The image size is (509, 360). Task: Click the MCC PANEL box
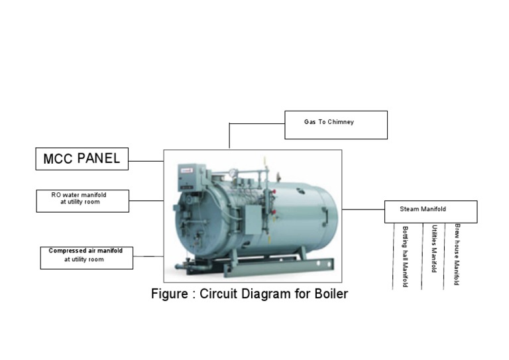(82, 158)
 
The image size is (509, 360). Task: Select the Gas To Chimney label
(329, 122)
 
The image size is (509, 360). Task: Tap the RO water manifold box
(82, 200)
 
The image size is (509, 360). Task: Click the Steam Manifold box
(430, 211)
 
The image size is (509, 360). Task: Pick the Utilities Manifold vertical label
(434, 249)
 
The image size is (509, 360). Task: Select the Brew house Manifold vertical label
(457, 254)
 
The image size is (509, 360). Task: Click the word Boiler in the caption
(331, 294)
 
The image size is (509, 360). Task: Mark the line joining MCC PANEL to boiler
(146, 160)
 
